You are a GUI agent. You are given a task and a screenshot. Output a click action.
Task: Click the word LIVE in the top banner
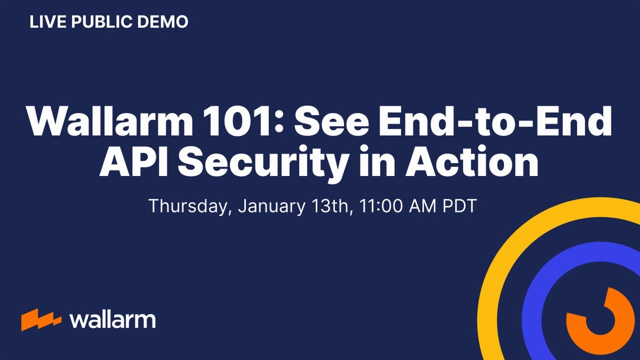[44, 22]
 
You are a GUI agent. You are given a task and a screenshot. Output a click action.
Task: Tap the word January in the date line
[270, 206]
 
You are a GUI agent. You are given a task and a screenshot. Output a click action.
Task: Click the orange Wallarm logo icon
[41, 319]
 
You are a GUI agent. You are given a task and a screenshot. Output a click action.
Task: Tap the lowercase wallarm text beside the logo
[112, 319]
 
